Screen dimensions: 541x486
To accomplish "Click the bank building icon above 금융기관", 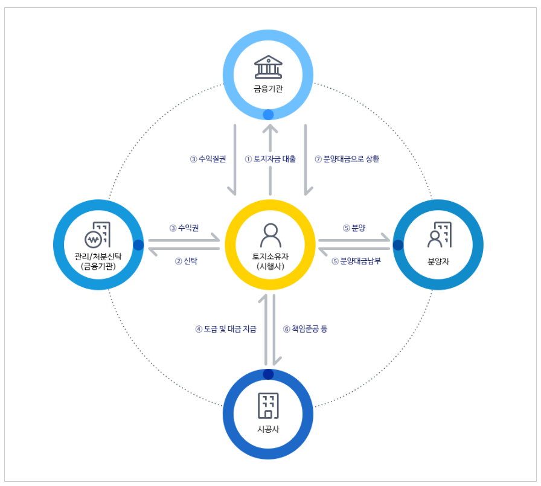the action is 268,67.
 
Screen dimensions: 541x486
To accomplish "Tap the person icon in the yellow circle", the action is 269,232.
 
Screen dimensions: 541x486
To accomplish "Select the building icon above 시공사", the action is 268,405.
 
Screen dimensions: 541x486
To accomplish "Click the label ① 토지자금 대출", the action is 270,159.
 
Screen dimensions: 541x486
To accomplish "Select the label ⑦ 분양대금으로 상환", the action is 347,159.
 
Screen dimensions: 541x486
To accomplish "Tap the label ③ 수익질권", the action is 208,159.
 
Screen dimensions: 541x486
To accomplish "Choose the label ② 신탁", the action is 186,261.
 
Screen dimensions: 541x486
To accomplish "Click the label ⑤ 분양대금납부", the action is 356,261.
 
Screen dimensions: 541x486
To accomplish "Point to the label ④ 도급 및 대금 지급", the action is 226,329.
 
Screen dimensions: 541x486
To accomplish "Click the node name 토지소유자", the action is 269,256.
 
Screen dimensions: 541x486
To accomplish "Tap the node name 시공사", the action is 268,429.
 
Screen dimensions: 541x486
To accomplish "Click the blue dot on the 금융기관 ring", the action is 268,114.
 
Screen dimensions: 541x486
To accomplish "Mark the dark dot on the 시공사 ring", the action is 268,374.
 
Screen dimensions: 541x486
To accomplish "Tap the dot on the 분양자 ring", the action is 399,245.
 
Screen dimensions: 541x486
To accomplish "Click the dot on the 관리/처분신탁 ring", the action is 138,245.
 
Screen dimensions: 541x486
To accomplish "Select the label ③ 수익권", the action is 184,228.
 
